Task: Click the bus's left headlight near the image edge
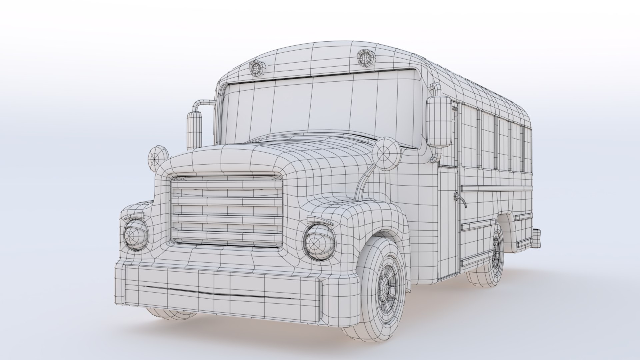pyautogui.click(x=136, y=235)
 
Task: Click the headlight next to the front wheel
pyautogui.click(x=319, y=242)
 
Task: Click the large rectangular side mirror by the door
pyautogui.click(x=439, y=122)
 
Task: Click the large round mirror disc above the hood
pyautogui.click(x=387, y=154)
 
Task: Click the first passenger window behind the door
pyautogui.click(x=468, y=137)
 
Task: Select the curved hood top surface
pyautogui.click(x=283, y=153)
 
